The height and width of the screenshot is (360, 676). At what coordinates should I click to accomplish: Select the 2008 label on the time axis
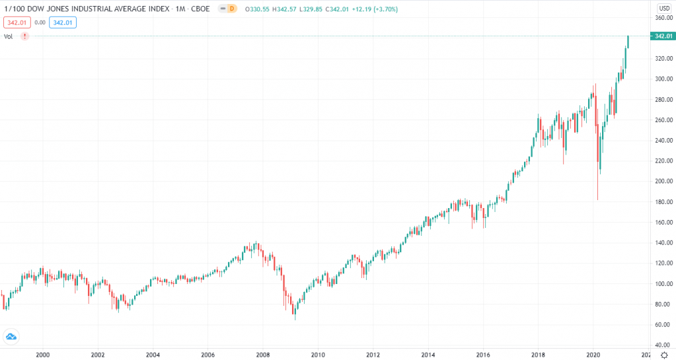[262, 354]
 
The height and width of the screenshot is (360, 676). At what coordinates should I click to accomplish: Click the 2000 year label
[42, 354]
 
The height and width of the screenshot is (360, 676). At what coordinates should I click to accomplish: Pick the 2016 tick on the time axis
[483, 354]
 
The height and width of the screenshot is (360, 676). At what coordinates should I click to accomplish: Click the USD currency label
[664, 8]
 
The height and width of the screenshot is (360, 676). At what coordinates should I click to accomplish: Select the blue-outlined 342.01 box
[63, 22]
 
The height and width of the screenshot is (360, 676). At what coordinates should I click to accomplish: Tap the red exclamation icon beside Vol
[24, 36]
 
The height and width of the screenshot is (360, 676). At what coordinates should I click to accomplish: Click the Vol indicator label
[9, 36]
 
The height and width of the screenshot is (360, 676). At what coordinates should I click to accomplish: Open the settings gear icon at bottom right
[664, 355]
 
